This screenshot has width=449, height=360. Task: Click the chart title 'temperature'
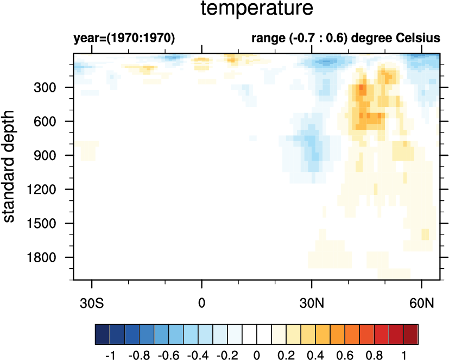[x=257, y=9]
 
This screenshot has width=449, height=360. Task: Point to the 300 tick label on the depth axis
[x=53, y=87]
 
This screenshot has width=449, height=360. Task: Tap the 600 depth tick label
[x=53, y=122]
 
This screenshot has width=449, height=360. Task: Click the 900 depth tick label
[x=53, y=155]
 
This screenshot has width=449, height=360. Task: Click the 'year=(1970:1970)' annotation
[x=124, y=39]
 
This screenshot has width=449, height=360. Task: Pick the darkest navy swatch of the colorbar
[x=102, y=332]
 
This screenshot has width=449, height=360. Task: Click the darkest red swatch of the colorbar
[x=411, y=332]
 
